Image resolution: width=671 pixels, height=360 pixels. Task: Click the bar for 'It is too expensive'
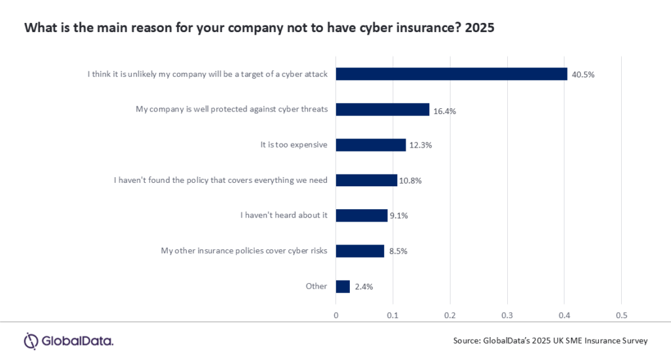371,145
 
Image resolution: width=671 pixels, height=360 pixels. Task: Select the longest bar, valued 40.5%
451,74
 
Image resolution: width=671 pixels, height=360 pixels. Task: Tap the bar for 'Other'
343,287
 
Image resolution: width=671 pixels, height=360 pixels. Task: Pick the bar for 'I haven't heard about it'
362,215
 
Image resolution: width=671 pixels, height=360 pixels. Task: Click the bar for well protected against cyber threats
383,109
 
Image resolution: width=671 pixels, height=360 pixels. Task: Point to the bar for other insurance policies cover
360,251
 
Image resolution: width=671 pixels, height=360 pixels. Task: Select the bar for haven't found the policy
366,180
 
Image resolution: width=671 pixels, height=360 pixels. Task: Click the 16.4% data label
445,111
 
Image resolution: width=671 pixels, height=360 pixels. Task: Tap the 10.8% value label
410,180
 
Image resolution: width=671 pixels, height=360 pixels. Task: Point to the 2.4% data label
364,287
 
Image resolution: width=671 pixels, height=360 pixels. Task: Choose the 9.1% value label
399,216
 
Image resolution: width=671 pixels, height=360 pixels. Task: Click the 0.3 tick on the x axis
507,315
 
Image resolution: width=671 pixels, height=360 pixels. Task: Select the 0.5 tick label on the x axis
621,315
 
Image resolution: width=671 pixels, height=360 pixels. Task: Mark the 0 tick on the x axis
336,315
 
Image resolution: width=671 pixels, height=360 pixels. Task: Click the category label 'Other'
316,286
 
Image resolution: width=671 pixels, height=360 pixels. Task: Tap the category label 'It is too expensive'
294,145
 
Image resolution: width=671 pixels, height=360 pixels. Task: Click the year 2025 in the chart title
480,28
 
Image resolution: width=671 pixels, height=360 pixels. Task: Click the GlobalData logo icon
31,341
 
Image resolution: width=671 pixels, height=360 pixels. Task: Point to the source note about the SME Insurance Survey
550,341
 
